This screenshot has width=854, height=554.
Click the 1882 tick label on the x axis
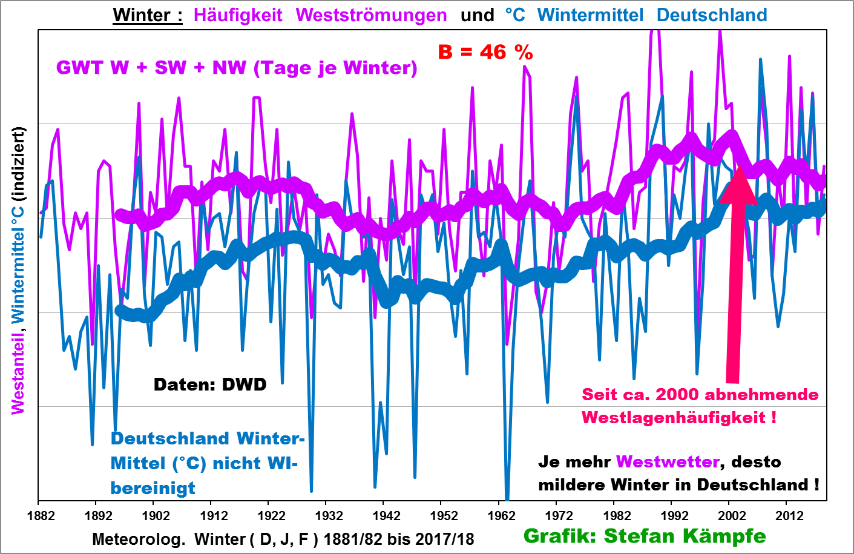pyautogui.click(x=41, y=516)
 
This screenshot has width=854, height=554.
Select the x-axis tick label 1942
pyautogui.click(x=386, y=516)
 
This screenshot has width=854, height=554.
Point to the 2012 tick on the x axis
pyautogui.click(x=789, y=516)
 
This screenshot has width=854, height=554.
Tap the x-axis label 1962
pyautogui.click(x=501, y=516)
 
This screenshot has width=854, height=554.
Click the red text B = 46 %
pyautogui.click(x=485, y=53)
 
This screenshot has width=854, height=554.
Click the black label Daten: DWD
pyautogui.click(x=210, y=384)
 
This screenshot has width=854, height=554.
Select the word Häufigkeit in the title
pyautogui.click(x=238, y=15)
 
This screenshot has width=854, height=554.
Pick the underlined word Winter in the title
pyautogui.click(x=143, y=15)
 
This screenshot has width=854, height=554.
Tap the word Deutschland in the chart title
pyautogui.click(x=712, y=15)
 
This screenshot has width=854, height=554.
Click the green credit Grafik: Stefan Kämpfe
pyautogui.click(x=645, y=536)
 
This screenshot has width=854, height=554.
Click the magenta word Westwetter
pyautogui.click(x=668, y=462)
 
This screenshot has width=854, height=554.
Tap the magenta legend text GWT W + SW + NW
pyautogui.click(x=151, y=68)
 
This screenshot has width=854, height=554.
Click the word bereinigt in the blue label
pyautogui.click(x=153, y=488)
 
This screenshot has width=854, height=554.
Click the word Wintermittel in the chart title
pyautogui.click(x=590, y=15)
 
